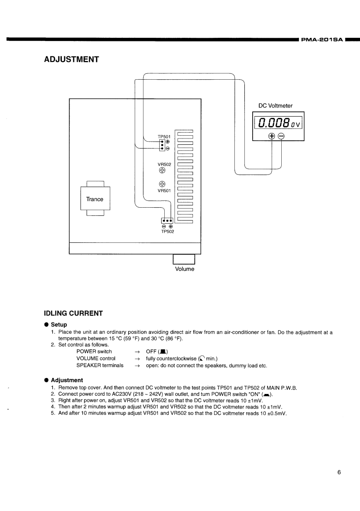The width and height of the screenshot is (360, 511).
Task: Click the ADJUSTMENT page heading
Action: point(71,60)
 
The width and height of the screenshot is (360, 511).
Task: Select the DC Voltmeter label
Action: point(275,106)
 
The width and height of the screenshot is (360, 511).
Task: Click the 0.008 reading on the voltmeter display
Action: point(274,123)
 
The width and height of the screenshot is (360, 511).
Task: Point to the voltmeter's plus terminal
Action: point(272,136)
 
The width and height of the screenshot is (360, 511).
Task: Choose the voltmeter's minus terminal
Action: point(281,136)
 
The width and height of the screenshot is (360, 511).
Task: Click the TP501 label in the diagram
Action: point(164,136)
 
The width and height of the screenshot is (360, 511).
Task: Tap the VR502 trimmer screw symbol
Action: point(162,170)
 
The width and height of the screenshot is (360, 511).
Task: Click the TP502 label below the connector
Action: point(167,231)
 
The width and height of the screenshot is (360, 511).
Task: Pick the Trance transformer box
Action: point(95,199)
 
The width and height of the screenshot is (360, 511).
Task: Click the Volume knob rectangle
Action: point(184,259)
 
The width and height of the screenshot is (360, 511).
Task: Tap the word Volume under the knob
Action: point(184,269)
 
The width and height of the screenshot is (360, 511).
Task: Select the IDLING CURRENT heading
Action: point(73,313)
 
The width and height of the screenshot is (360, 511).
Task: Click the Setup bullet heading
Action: point(59,324)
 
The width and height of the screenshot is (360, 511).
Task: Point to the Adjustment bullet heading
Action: point(66,380)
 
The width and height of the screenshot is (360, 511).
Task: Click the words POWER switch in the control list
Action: point(94,352)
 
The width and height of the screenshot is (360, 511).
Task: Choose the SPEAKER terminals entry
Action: point(100,365)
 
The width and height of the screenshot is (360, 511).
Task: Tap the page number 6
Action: point(339,472)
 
